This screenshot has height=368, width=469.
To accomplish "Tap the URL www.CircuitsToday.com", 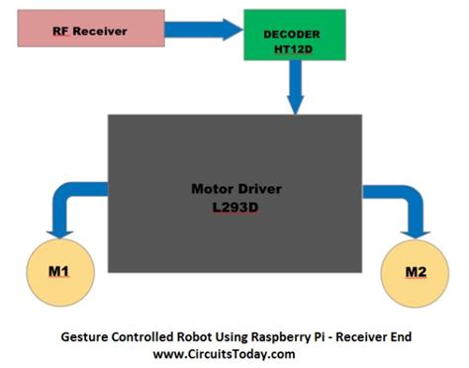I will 225,354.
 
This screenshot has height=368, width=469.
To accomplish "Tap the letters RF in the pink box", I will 60,31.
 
